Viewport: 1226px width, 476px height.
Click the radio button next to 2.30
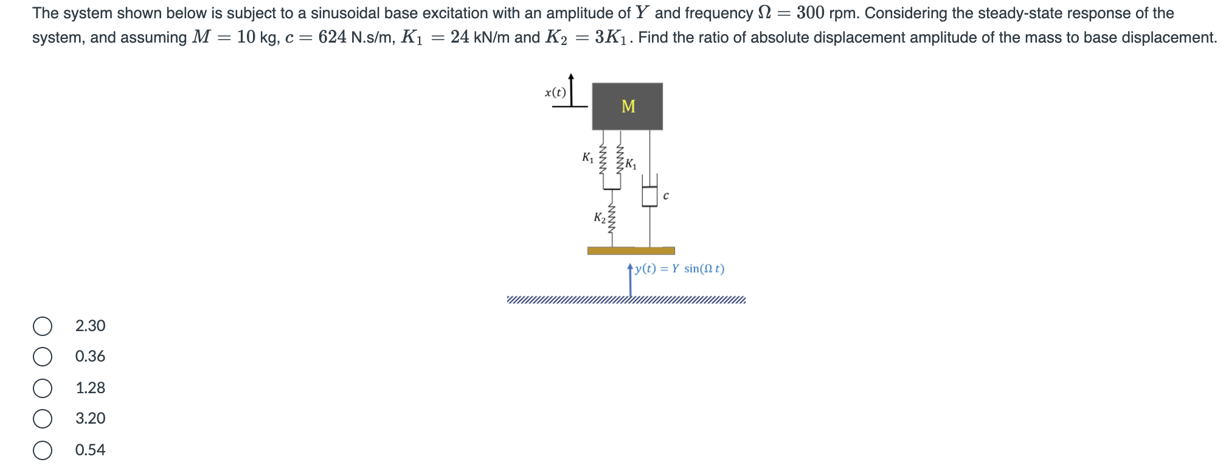(x=43, y=326)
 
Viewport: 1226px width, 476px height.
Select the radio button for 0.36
(x=43, y=357)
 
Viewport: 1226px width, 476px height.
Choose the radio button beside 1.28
(x=43, y=388)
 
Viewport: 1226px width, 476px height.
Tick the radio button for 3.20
(x=43, y=418)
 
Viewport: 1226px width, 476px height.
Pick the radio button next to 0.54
(x=43, y=450)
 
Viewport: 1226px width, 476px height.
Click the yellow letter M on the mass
(x=628, y=107)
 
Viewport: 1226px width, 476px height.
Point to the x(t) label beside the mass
(x=555, y=93)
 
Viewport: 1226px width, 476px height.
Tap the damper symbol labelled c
(x=649, y=196)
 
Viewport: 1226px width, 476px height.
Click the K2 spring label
(x=599, y=217)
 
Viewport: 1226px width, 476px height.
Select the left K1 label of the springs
(x=587, y=158)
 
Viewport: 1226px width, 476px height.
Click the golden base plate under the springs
(x=631, y=251)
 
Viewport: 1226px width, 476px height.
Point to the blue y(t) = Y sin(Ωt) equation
(x=679, y=268)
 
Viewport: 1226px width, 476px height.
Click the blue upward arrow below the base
(x=630, y=281)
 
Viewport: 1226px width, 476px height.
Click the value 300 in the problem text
(x=810, y=13)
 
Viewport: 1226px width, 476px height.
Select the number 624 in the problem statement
(x=332, y=37)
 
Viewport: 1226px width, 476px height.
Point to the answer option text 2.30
(x=90, y=326)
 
